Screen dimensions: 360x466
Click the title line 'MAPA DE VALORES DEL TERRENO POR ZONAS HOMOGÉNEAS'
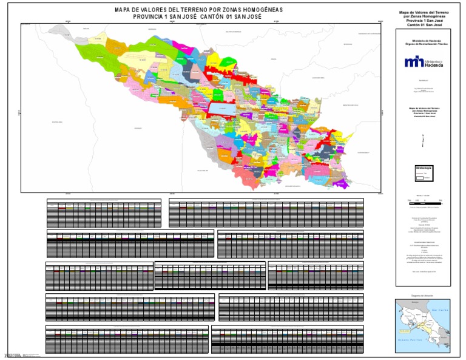pos(199,10)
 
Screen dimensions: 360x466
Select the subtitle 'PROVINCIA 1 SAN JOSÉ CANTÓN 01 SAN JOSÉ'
pos(199,17)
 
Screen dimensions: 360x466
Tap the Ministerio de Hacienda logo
pos(423,62)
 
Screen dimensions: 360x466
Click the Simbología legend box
pos(423,172)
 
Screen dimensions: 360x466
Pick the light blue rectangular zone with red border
pos(221,108)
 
